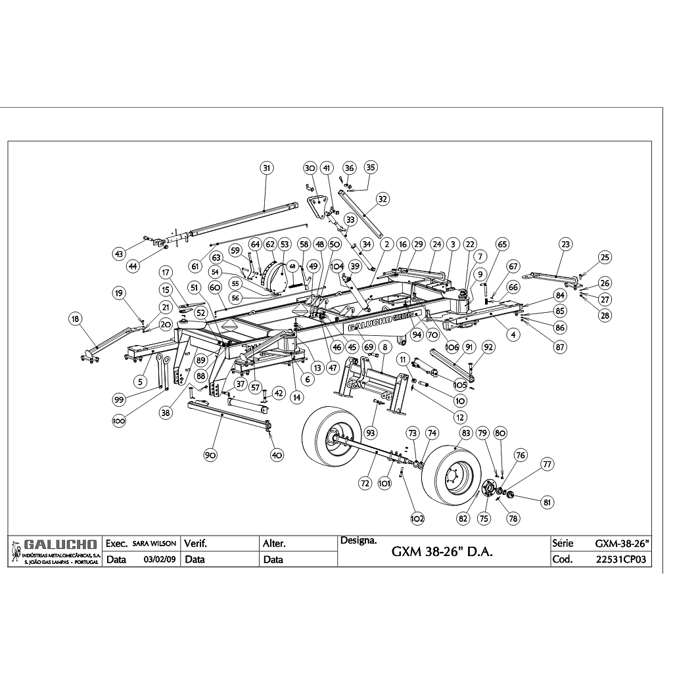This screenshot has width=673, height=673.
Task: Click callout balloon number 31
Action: pos(266,168)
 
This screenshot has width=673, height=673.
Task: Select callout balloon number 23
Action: pos(566,244)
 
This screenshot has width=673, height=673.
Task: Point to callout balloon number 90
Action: pos(210,455)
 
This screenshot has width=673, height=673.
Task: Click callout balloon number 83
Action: pos(466,433)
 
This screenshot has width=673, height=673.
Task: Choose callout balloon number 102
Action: pos(417,518)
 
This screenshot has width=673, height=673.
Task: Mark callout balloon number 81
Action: pos(547,503)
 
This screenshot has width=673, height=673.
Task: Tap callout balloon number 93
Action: pos(371,432)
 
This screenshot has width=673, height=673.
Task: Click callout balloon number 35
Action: pos(371,168)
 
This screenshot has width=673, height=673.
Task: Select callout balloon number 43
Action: pos(119,254)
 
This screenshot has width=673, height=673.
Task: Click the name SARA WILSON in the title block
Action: pos(154,544)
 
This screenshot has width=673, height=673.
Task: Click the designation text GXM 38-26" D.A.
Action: pos(442,552)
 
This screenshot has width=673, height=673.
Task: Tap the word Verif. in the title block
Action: pos(196,544)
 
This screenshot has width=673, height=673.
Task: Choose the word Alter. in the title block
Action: pos(274,544)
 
